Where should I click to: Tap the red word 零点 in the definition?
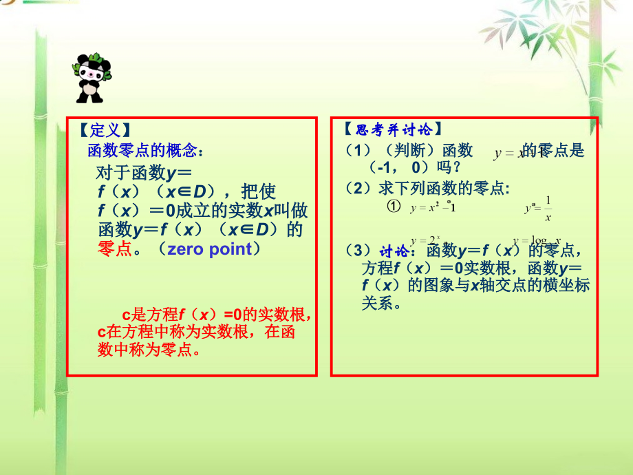point(115,249)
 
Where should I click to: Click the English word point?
point(233,249)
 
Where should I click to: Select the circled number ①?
point(394,206)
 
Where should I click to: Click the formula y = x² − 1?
point(433,207)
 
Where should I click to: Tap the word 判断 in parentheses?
point(412,150)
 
